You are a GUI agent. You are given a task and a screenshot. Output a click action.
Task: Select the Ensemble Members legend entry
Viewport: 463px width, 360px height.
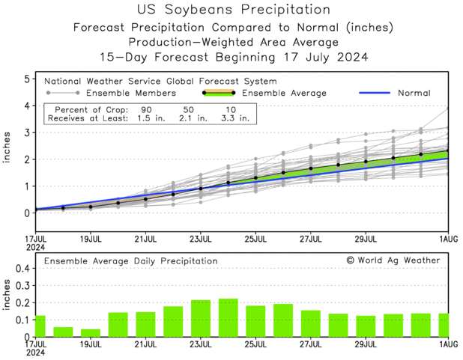click(131, 93)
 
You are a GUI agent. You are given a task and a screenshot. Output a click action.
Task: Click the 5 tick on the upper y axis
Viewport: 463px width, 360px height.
click(27, 79)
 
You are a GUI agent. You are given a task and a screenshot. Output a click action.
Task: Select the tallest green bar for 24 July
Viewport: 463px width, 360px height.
click(228, 317)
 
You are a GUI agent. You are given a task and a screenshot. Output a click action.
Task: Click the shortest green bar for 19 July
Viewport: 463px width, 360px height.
click(90, 332)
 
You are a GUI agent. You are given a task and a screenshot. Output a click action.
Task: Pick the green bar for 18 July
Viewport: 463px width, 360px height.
click(63, 332)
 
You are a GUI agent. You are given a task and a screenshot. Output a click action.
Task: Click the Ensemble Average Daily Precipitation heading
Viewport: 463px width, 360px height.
click(131, 260)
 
